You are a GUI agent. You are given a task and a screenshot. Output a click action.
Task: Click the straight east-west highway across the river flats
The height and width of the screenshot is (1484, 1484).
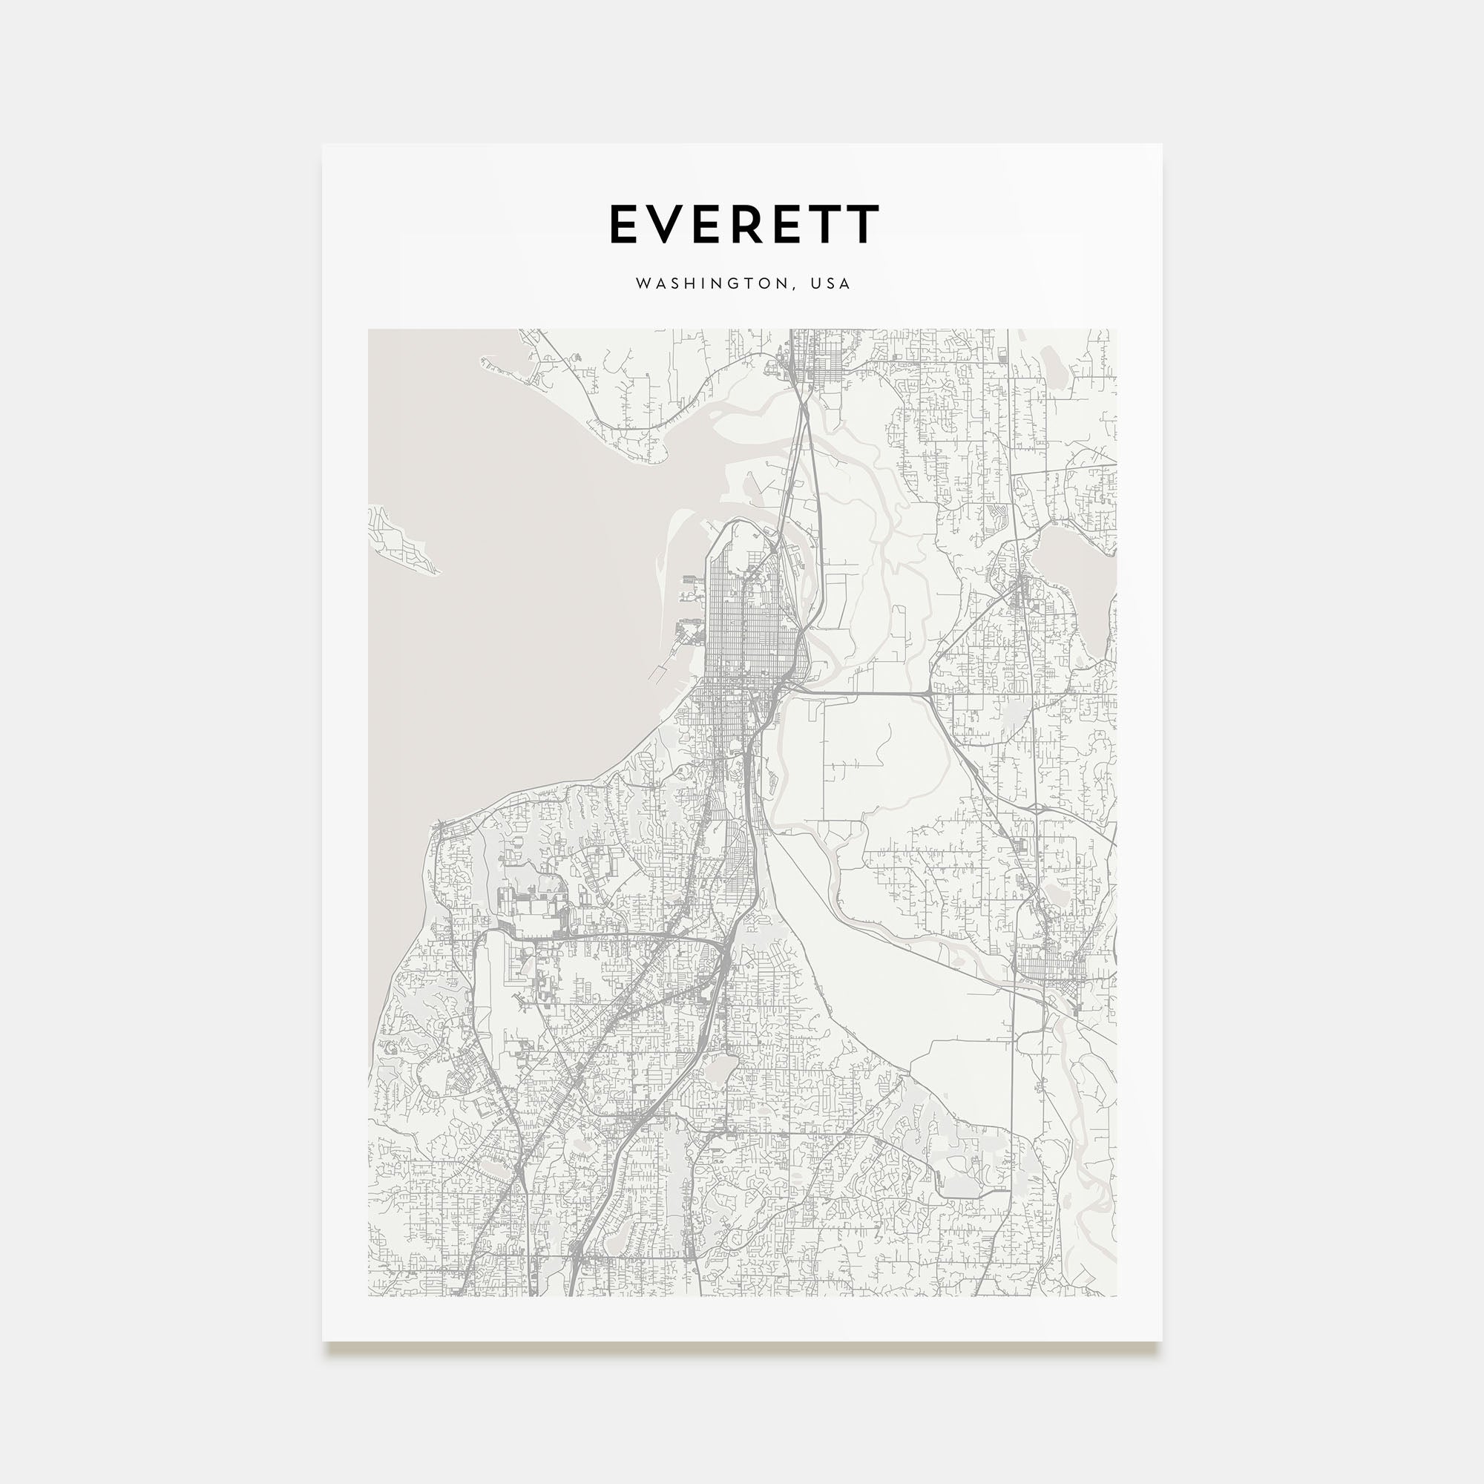click(x=860, y=694)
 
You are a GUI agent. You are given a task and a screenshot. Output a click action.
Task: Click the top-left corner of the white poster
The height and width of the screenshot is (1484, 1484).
click(x=324, y=145)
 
